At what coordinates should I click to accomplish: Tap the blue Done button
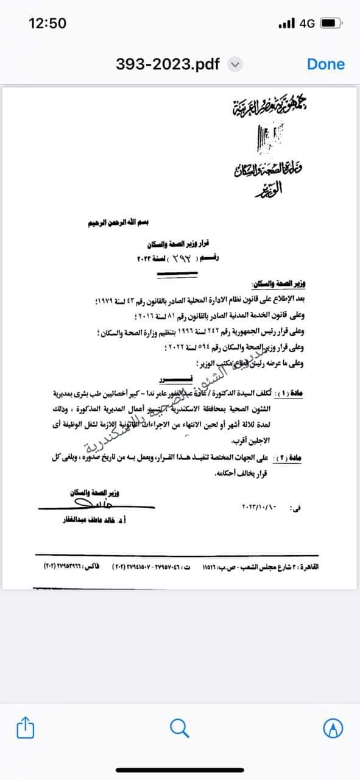tap(325, 64)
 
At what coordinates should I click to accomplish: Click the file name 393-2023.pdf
tap(168, 64)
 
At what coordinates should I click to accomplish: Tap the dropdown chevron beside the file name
tap(235, 65)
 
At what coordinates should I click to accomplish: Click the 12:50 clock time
tap(48, 23)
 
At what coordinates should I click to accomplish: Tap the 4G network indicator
tap(307, 23)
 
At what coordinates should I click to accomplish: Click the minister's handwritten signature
tap(82, 504)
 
